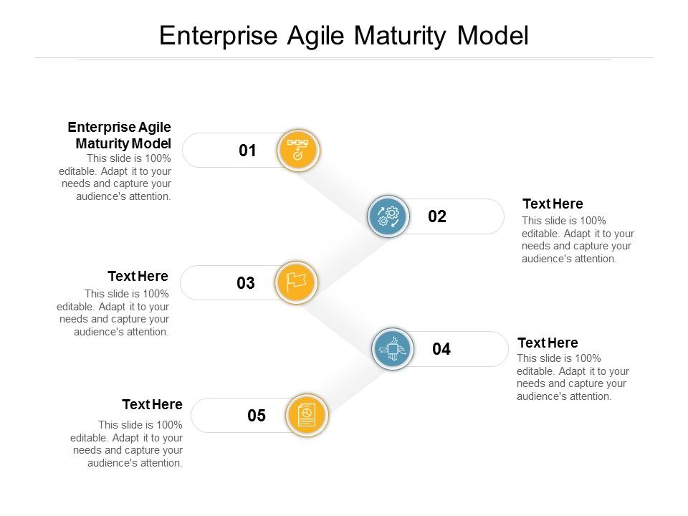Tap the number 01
click(247, 150)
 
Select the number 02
click(437, 216)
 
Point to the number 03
click(246, 283)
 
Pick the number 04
click(441, 349)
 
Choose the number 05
click(257, 416)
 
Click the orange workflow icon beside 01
click(297, 150)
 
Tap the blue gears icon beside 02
click(388, 216)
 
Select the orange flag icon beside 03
click(296, 282)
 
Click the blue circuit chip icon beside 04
click(392, 349)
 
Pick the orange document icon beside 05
click(307, 416)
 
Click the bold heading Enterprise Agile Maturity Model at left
click(120, 135)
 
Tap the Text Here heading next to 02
click(553, 204)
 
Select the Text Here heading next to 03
click(138, 277)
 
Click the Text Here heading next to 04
click(548, 343)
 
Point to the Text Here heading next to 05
click(152, 405)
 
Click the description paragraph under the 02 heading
click(578, 239)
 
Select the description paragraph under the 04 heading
click(573, 377)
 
